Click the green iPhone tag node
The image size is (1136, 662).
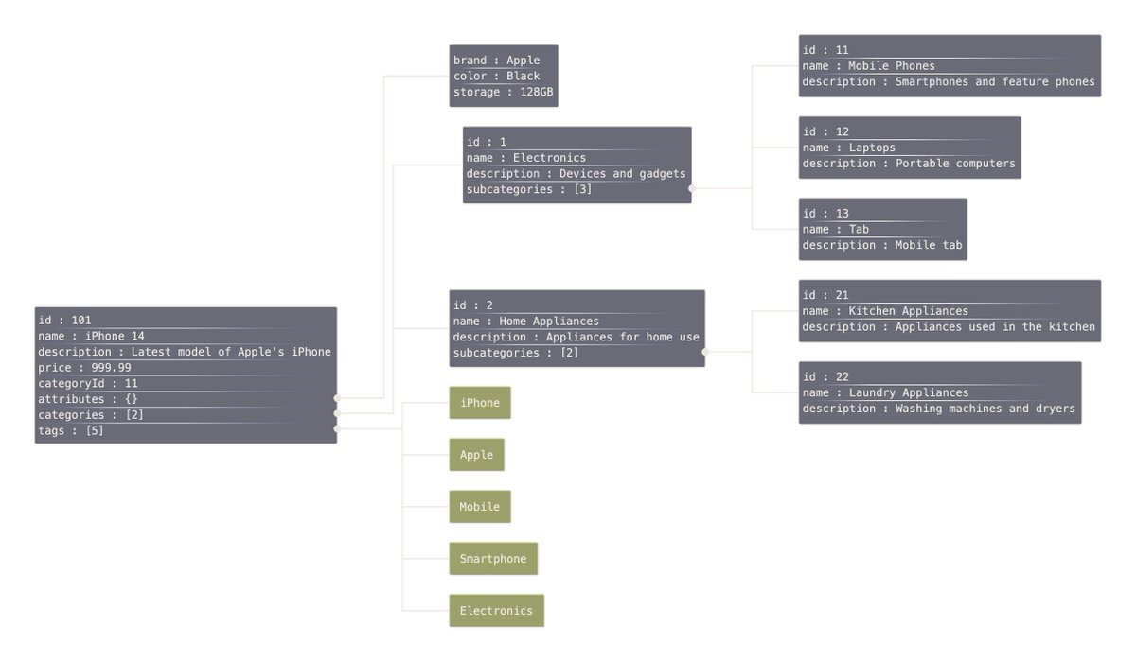(480, 403)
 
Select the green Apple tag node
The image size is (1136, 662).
(476, 455)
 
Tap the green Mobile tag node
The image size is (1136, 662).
(480, 507)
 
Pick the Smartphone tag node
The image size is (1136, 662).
(493, 559)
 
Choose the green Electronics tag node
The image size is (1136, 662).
(496, 611)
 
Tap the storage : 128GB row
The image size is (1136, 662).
(504, 92)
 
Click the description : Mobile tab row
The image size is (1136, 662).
(882, 245)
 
